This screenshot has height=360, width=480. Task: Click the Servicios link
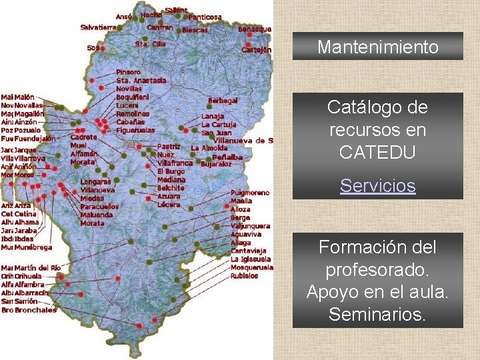coord(377,186)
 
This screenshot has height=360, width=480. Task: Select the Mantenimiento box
coord(377,47)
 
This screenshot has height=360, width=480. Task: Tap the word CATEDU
coord(377,152)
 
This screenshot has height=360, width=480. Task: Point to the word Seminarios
coord(377,314)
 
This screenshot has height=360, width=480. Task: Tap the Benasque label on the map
coord(255,29)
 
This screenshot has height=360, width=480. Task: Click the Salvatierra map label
coord(98,27)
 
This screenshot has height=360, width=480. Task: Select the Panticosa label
coord(205,17)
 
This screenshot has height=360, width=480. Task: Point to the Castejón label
coord(257,49)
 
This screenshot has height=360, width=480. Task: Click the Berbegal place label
coord(223,101)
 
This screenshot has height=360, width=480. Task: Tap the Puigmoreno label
coord(251,193)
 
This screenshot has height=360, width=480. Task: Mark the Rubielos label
coord(245,275)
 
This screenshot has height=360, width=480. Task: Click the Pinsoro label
coord(128,72)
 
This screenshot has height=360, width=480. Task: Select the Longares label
coord(95,182)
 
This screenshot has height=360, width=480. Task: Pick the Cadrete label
coord(83,137)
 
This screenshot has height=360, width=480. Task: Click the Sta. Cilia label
coord(150,44)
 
